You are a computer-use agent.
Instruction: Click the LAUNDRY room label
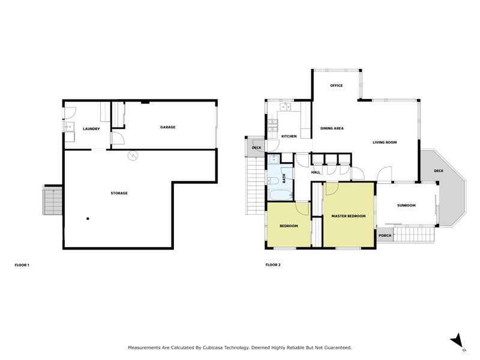click(91, 128)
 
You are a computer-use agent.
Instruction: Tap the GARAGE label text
click(167, 127)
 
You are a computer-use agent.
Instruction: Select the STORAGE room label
click(119, 193)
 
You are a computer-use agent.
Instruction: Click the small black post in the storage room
click(88, 218)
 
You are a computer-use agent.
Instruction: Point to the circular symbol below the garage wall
click(132, 156)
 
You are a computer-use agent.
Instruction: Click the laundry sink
click(69, 127)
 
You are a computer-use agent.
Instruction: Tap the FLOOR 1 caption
click(22, 265)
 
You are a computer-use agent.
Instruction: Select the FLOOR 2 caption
click(273, 265)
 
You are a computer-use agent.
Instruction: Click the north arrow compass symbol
click(457, 340)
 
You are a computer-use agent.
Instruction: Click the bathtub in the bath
click(279, 194)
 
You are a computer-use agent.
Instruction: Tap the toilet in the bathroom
click(273, 179)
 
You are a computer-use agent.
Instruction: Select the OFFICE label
click(336, 85)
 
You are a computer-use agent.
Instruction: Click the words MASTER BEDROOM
click(349, 215)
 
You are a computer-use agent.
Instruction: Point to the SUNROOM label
click(406, 205)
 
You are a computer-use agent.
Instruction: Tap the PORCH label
click(385, 235)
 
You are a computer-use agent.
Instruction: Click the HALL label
click(316, 172)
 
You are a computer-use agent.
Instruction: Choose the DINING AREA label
click(331, 128)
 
